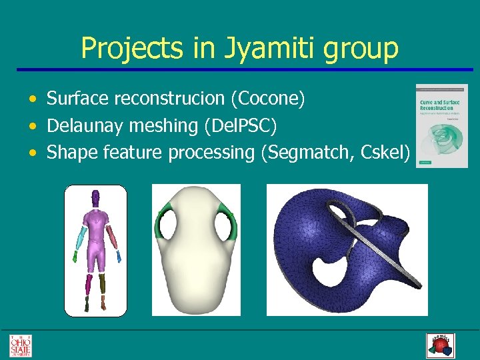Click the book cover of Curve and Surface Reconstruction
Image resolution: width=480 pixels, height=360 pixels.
[441, 125]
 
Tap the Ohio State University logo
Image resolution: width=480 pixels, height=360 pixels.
[20, 345]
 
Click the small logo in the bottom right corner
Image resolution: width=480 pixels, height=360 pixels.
[439, 345]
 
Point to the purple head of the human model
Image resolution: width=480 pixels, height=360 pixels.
[95, 198]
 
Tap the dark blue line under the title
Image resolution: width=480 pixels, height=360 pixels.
[240, 69]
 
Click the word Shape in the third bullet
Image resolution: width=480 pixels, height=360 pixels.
[72, 152]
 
